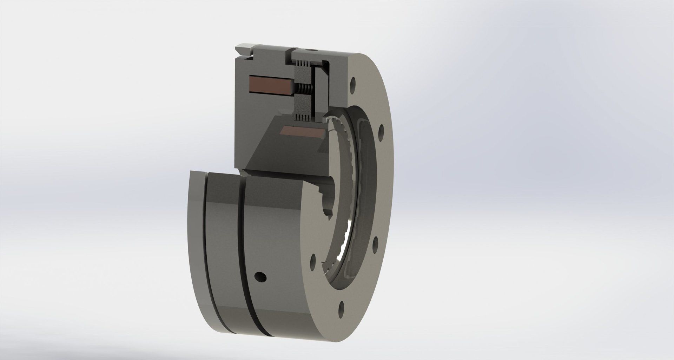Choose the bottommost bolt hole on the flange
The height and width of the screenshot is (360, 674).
341,309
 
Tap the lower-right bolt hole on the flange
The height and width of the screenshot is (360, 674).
375,242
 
